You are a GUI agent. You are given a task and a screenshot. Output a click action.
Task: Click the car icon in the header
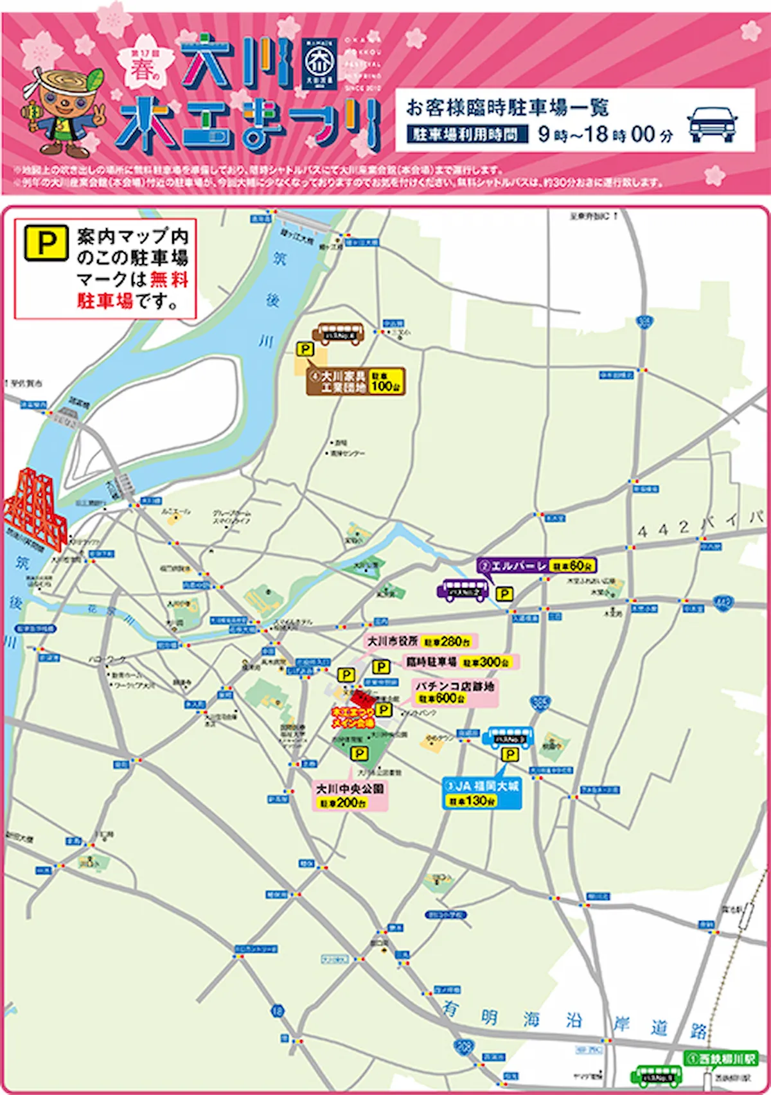tap(712, 123)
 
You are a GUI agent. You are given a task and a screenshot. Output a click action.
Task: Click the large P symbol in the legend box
tap(46, 242)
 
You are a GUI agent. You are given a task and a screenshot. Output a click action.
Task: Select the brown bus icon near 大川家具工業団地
tap(338, 334)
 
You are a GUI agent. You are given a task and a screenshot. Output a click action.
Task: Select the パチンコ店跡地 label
tap(454, 686)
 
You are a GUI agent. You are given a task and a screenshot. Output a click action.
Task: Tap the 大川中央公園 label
tap(350, 788)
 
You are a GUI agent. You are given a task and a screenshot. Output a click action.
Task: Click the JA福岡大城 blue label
tap(483, 785)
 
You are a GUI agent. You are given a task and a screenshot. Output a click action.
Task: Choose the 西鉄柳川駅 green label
tap(720, 1058)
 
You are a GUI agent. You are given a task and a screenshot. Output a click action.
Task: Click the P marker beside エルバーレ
tap(505, 594)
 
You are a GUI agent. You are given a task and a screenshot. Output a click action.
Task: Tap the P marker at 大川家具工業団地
tap(305, 350)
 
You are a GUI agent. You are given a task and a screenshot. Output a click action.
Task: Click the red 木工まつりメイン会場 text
tap(353, 718)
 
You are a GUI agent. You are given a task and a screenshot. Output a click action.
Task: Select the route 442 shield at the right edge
tap(723, 603)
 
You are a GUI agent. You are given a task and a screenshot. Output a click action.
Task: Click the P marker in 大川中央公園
tap(359, 753)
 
